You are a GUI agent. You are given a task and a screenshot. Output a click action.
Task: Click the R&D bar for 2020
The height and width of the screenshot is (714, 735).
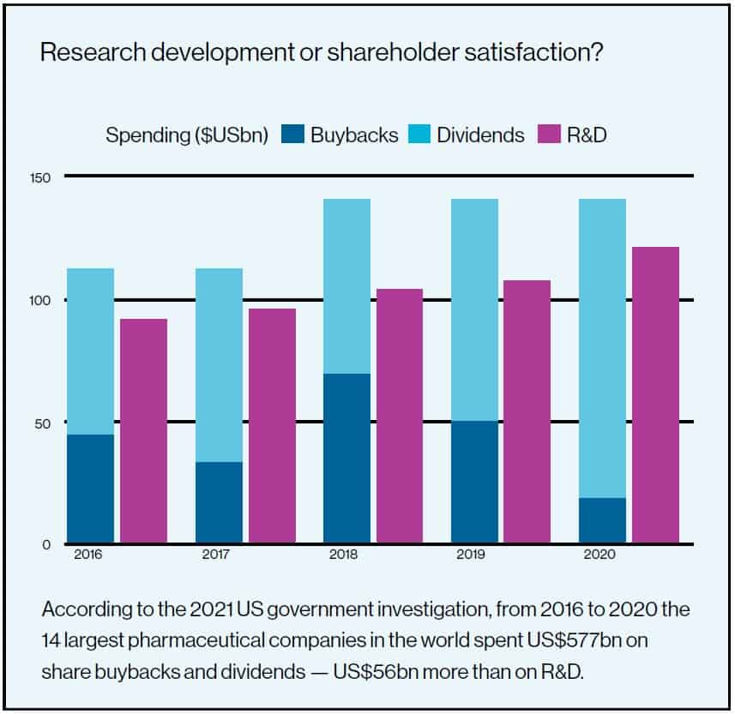click(x=655, y=395)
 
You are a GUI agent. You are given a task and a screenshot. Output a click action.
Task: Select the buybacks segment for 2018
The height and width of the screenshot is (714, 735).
click(x=346, y=459)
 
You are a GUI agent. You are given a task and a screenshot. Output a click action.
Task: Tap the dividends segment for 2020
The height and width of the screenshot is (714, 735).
click(x=602, y=348)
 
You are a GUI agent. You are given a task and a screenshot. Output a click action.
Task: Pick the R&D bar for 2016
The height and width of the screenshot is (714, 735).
click(x=143, y=431)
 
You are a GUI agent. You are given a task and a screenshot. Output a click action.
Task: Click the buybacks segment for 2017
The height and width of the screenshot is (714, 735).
click(x=219, y=502)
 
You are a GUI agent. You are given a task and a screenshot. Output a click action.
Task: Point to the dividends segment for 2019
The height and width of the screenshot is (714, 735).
click(x=474, y=309)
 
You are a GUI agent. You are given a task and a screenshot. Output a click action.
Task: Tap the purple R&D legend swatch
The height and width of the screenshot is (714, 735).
click(x=547, y=135)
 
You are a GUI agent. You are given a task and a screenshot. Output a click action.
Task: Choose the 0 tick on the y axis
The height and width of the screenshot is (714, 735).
click(x=46, y=544)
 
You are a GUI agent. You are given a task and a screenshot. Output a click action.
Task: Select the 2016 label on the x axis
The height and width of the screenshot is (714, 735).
click(x=87, y=555)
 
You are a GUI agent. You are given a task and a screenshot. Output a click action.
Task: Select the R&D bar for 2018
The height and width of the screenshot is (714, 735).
click(x=399, y=417)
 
